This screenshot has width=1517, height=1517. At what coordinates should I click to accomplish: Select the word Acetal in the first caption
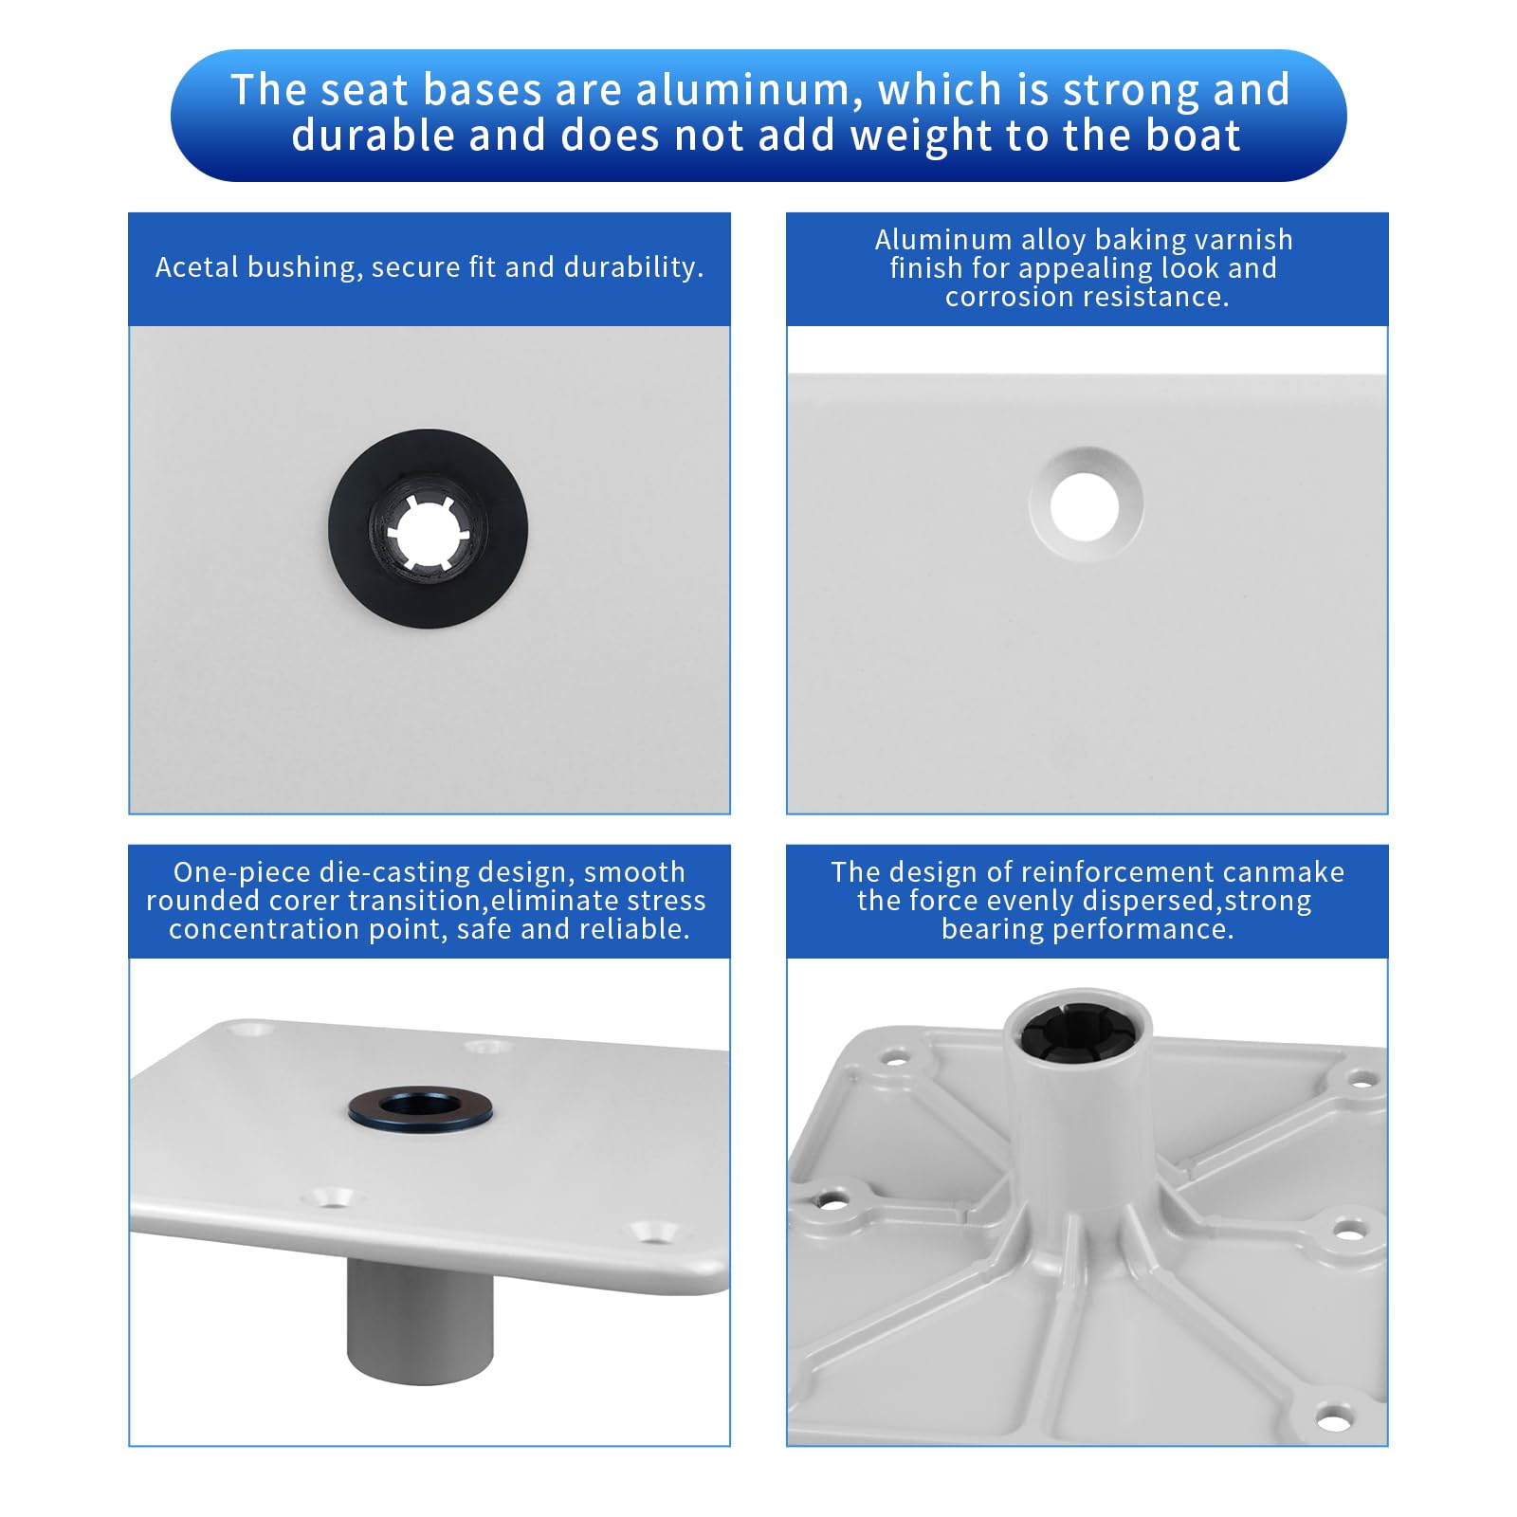(x=196, y=267)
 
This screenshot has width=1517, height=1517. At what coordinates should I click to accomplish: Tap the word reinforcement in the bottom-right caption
(x=1105, y=872)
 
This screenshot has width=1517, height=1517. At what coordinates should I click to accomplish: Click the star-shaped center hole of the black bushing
(x=429, y=532)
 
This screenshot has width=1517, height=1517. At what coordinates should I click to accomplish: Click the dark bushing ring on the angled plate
(x=419, y=1107)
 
